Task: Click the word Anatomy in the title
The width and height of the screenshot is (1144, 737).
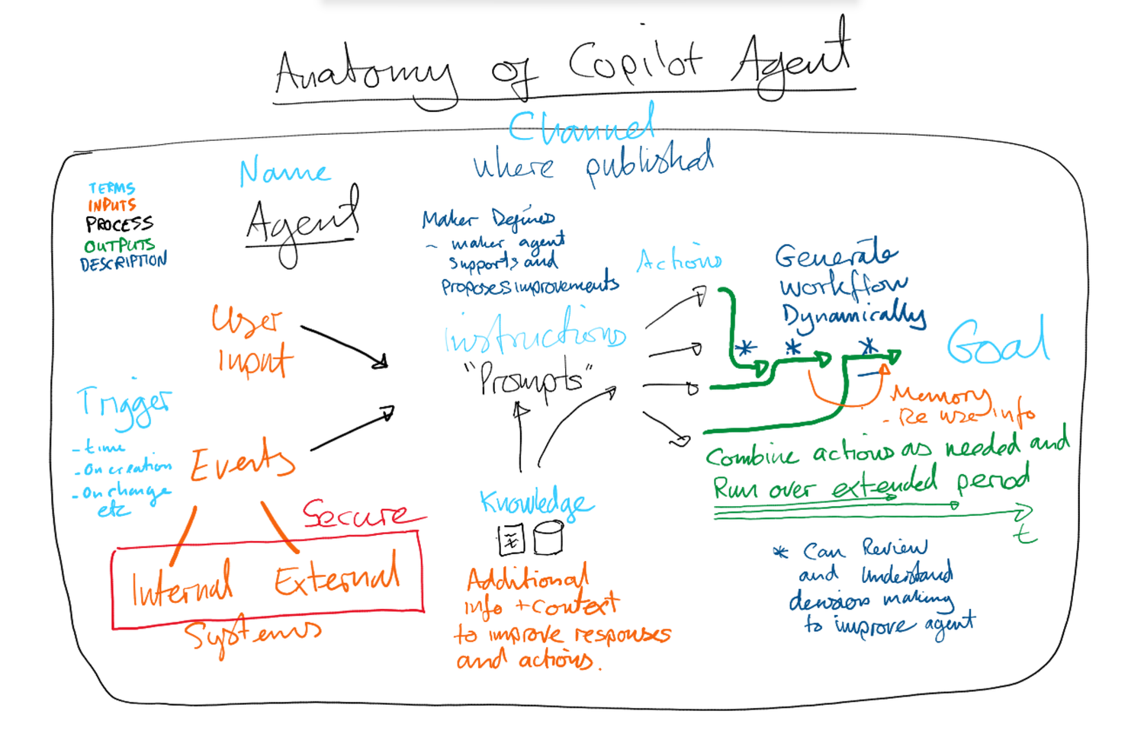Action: (x=365, y=76)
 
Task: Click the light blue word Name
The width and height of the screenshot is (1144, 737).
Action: (x=284, y=173)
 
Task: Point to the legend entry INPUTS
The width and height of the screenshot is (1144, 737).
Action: (x=111, y=205)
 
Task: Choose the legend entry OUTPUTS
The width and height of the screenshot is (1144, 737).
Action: (x=119, y=245)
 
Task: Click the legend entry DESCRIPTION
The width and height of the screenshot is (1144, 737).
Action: (x=124, y=262)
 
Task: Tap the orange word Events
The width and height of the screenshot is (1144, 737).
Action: (x=242, y=460)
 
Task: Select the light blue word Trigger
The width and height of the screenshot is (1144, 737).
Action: (x=124, y=404)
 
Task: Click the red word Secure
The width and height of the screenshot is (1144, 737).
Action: (x=355, y=514)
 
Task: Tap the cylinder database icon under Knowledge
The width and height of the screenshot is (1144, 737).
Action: (x=548, y=537)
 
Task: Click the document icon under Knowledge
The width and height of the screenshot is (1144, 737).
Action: (x=512, y=540)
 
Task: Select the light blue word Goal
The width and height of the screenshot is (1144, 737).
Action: (x=998, y=342)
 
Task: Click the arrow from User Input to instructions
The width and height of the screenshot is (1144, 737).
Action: (x=345, y=346)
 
